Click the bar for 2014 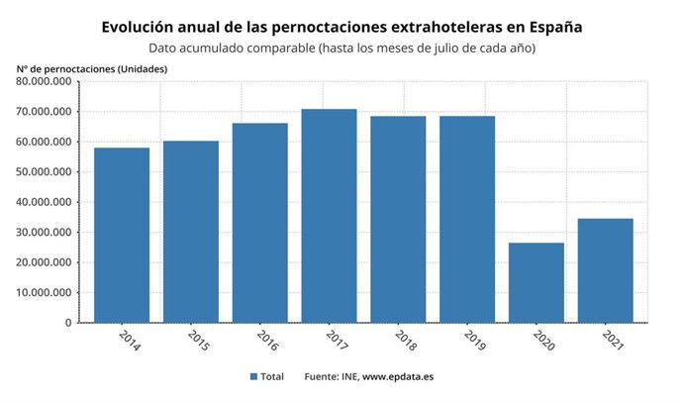pyautogui.click(x=122, y=236)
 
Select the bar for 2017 pyautogui.click(x=329, y=216)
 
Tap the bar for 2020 pyautogui.click(x=537, y=283)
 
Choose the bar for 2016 pyautogui.click(x=260, y=223)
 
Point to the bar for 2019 pyautogui.click(x=467, y=220)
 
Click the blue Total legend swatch pyautogui.click(x=254, y=377)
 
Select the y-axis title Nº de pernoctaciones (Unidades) pyautogui.click(x=92, y=67)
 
